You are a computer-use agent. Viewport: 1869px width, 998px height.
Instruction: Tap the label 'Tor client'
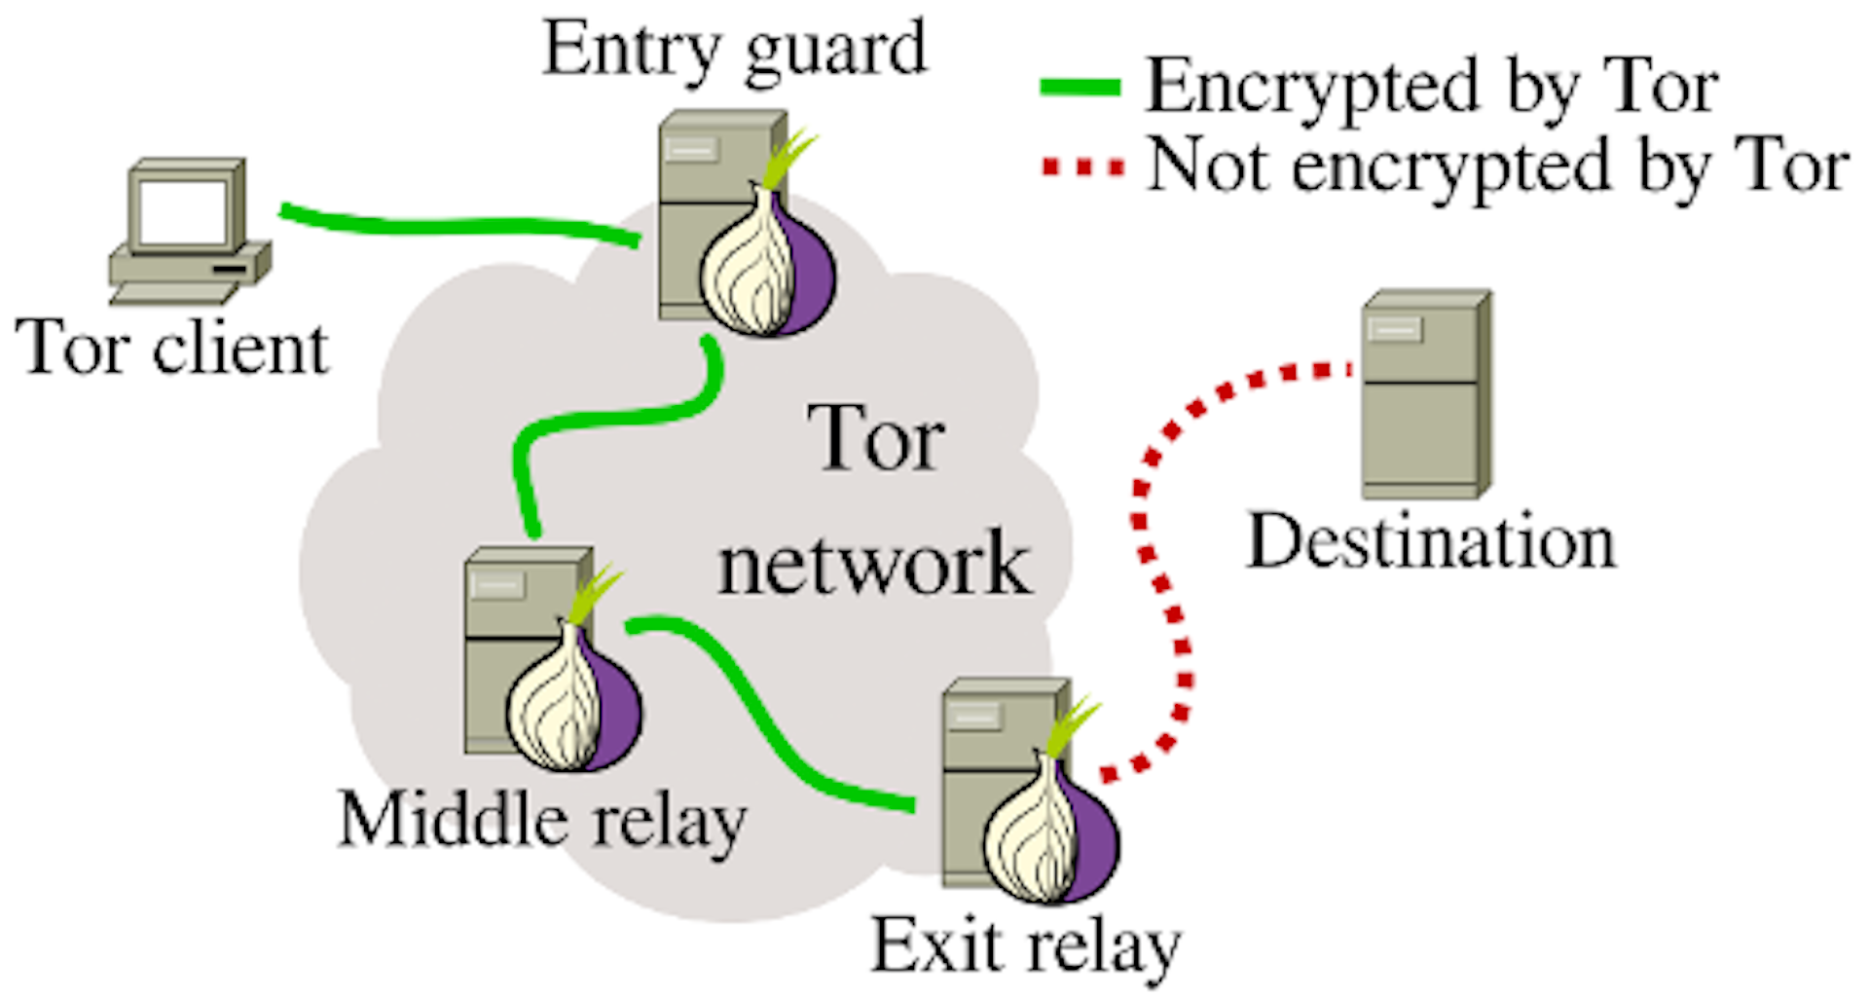tap(172, 348)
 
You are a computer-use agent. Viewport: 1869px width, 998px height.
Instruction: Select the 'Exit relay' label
tap(1026, 946)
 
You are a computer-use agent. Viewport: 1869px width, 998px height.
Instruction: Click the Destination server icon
tap(1427, 394)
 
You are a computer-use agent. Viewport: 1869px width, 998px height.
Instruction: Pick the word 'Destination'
tap(1431, 541)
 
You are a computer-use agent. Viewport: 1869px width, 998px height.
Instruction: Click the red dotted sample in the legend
tap(1082, 167)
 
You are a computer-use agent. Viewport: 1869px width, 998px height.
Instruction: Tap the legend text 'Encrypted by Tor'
tap(1432, 88)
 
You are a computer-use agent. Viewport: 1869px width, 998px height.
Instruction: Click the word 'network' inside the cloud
tap(874, 564)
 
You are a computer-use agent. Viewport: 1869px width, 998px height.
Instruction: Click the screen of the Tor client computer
tap(182, 211)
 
